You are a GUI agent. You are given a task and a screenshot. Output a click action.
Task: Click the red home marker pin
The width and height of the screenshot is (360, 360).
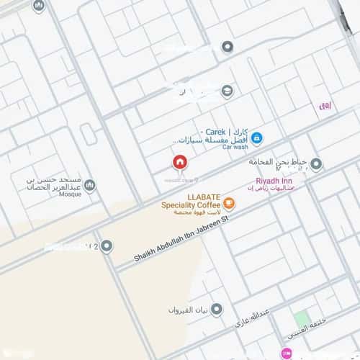click(x=179, y=162)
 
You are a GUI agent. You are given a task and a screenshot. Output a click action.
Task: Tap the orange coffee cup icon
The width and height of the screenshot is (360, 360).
click(x=229, y=204)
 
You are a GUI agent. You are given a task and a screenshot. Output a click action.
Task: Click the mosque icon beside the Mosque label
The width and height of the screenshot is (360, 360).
click(x=90, y=186)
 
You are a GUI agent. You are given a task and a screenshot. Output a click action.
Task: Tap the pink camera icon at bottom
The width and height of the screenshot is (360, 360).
click(x=287, y=354)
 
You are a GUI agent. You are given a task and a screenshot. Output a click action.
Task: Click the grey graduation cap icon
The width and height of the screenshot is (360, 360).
click(x=228, y=91)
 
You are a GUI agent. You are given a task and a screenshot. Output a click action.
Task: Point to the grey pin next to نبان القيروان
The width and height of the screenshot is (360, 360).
click(x=216, y=310)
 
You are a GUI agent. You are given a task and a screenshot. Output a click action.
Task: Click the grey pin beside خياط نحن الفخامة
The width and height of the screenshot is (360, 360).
click(x=316, y=164)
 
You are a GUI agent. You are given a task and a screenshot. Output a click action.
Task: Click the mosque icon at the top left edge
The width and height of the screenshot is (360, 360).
click(x=39, y=6)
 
